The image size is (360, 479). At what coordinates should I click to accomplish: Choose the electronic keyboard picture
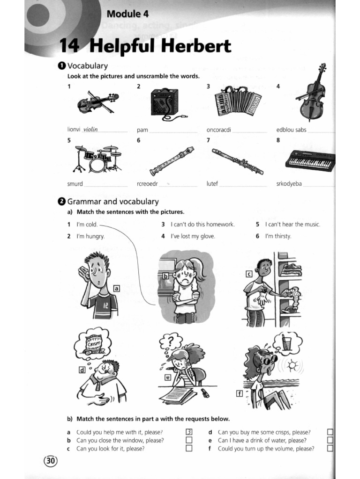coord(311,160)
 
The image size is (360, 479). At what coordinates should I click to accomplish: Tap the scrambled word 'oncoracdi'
coord(219,130)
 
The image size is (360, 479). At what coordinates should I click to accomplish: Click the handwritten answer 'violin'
coord(90,130)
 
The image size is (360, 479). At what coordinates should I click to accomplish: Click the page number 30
coord(50,461)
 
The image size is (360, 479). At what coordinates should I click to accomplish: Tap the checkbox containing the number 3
coord(189,432)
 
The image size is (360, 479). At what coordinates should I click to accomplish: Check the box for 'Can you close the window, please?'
coord(189,440)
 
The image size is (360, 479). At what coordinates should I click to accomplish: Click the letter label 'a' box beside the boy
coord(116,289)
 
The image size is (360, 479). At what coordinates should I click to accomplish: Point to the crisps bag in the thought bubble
coord(91,345)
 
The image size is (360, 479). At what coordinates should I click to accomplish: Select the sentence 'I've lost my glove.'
coord(193,236)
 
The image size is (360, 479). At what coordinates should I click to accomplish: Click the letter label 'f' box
coord(239,393)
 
